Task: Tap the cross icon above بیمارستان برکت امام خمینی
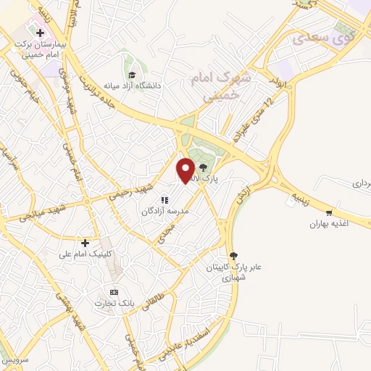[x=41, y=33]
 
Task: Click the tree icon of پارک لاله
[x=202, y=167]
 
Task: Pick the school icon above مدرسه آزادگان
[x=164, y=199]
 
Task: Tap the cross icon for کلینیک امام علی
[x=86, y=243]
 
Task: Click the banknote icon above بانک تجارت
[x=113, y=291]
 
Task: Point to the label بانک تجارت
[x=113, y=303]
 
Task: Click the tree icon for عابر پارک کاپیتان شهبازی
[x=233, y=255]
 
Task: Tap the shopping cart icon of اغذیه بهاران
[x=329, y=213]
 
